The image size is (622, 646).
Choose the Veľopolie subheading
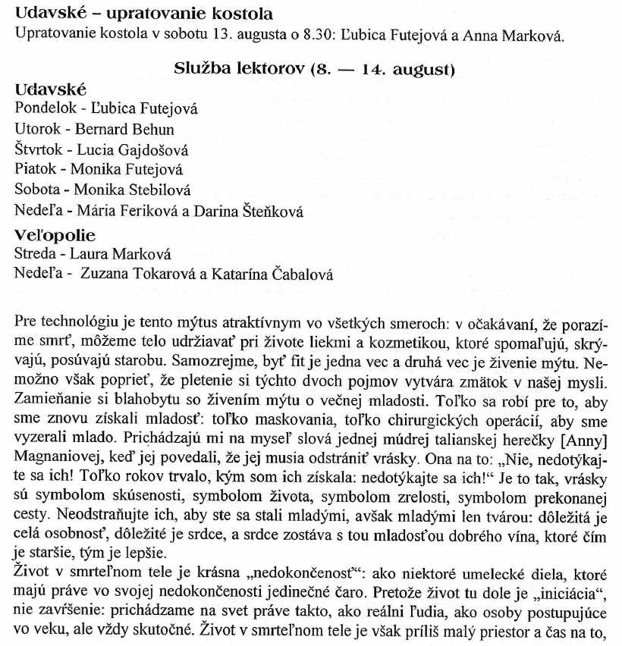click(55, 235)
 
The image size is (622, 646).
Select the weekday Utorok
click(37, 129)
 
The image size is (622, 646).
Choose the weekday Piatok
click(36, 170)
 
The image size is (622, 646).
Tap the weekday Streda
click(35, 255)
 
